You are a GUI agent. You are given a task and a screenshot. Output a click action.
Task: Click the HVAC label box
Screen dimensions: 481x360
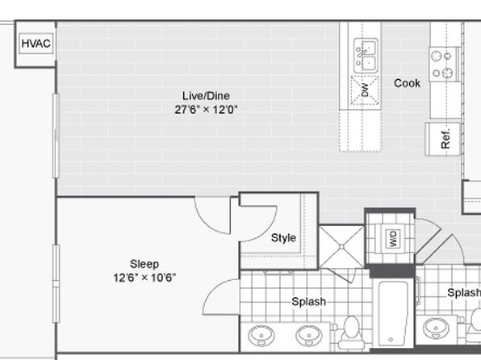click(36, 44)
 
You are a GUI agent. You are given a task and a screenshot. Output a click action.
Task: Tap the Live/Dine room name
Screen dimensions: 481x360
click(206, 96)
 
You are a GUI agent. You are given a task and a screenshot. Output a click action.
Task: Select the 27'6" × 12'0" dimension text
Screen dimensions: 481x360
click(206, 109)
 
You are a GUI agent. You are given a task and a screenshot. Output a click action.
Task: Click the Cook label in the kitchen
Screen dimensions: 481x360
click(407, 83)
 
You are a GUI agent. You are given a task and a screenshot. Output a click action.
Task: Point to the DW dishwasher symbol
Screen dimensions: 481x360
click(365, 90)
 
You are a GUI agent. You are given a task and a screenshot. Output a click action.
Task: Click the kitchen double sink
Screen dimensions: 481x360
click(366, 56)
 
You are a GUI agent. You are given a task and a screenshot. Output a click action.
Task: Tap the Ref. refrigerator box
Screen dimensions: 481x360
click(442, 139)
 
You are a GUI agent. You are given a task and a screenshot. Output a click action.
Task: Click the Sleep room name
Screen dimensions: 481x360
click(144, 264)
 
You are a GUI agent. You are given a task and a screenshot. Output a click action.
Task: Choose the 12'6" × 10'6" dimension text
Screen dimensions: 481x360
click(144, 278)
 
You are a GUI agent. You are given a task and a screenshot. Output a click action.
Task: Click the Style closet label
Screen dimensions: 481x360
click(283, 238)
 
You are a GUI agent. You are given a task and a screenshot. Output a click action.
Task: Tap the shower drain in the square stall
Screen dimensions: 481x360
click(341, 247)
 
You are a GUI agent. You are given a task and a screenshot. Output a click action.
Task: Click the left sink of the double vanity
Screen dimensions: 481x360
click(261, 335)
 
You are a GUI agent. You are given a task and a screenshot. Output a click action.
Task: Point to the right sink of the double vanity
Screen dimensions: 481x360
click(309, 335)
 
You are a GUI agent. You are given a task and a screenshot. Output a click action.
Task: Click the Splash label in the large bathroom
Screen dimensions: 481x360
click(308, 301)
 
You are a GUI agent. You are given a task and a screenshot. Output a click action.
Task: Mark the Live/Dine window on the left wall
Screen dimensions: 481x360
click(56, 136)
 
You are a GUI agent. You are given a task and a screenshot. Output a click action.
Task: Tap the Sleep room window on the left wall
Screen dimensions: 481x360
click(56, 283)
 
